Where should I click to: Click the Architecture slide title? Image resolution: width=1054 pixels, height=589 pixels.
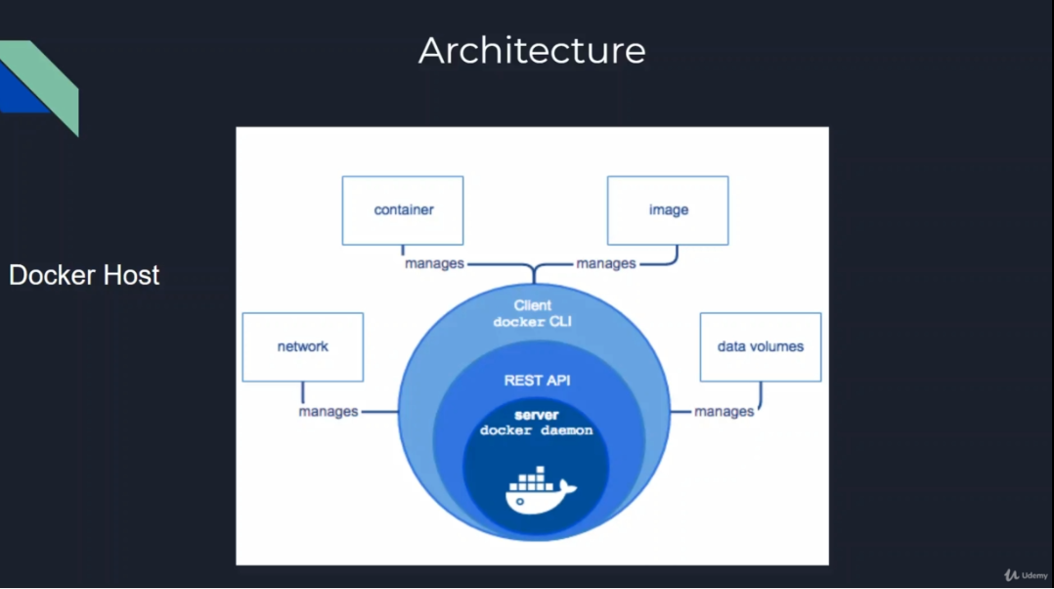point(532,51)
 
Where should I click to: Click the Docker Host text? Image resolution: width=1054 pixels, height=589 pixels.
point(84,276)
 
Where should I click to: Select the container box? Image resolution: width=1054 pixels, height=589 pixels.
point(403,210)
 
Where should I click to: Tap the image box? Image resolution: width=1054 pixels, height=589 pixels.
point(668,210)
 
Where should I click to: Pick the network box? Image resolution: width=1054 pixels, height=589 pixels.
point(302,347)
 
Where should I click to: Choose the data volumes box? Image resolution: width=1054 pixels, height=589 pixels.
point(761,347)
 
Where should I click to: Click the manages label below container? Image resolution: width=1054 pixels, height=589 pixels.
point(435,264)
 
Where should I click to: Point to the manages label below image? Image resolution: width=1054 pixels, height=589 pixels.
point(606,264)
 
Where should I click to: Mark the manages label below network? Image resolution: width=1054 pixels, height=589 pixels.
point(329,412)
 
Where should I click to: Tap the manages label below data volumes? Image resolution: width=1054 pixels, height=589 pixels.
point(725,412)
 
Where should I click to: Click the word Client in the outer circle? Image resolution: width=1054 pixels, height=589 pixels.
point(533,305)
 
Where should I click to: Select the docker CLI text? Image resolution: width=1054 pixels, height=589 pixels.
point(533,322)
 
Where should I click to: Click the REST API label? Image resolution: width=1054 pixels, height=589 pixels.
point(536,380)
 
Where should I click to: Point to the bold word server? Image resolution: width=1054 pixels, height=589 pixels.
point(536,415)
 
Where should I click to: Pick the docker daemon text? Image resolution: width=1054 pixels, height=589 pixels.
point(536,430)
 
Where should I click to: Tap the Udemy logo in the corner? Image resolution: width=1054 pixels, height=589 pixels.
point(1026,575)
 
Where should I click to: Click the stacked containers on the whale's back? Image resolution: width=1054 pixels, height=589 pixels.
point(531,477)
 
